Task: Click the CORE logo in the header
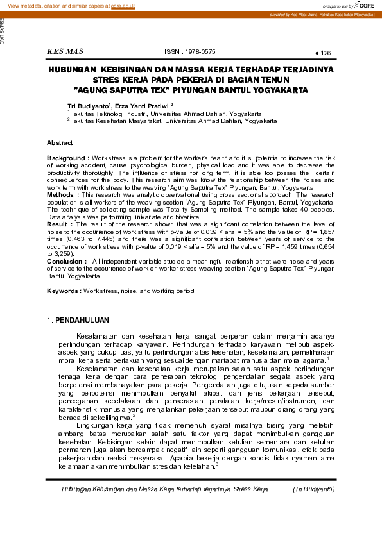click(x=364, y=5)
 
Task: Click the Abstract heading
click(x=60, y=142)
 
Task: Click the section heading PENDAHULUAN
click(x=82, y=320)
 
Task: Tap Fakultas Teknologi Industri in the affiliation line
click(x=106, y=113)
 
